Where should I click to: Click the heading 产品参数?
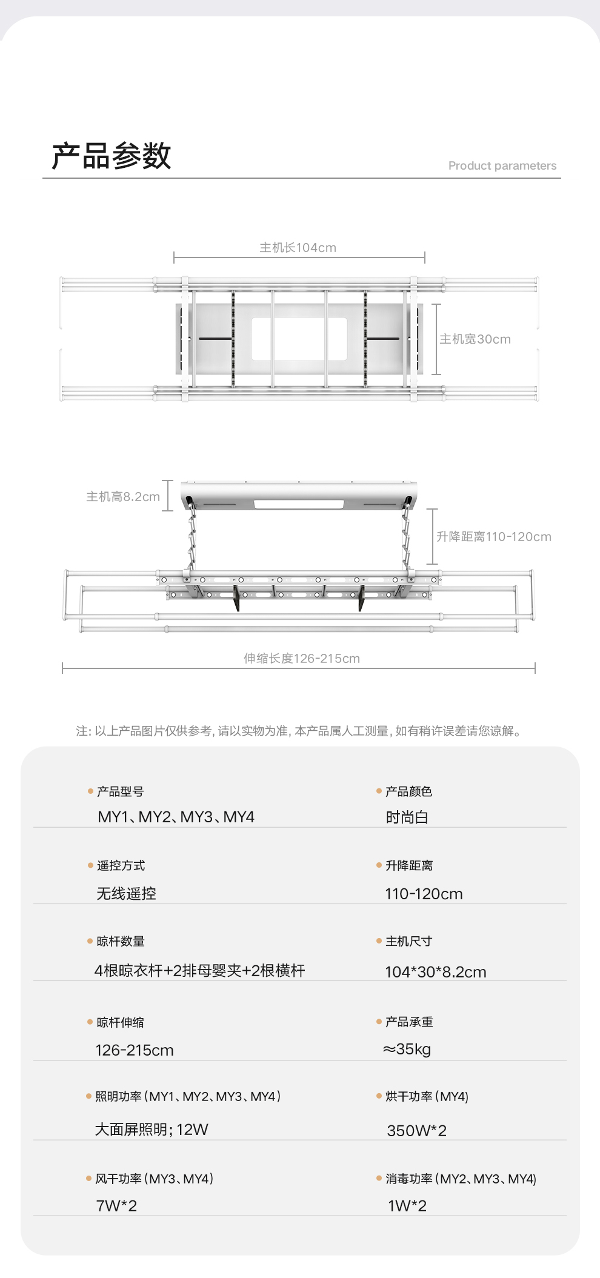point(112,156)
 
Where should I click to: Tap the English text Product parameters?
point(502,166)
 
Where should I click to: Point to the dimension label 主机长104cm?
point(298,248)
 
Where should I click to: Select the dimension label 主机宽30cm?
point(475,339)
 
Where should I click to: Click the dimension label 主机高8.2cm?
point(123,497)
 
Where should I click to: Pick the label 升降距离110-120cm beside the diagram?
point(493,537)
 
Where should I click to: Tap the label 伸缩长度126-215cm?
point(301,659)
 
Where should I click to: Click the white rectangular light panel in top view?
point(299,339)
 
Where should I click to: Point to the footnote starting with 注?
point(299,731)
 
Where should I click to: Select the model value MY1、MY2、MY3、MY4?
point(176,817)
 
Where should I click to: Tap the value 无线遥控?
point(126,894)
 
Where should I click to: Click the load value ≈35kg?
point(407,1050)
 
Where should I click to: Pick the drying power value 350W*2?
point(416,1131)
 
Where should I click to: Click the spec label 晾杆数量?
point(121,942)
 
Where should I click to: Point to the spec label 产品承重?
point(409,1022)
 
